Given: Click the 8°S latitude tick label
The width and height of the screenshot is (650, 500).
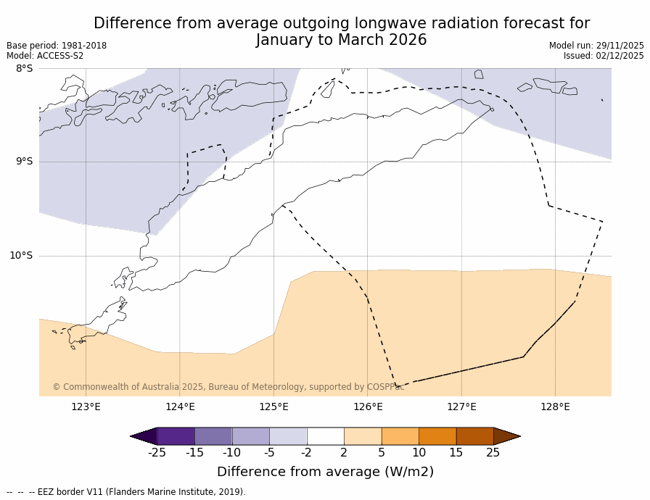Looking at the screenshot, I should (24, 69).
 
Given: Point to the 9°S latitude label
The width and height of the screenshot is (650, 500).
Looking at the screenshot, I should (24, 162).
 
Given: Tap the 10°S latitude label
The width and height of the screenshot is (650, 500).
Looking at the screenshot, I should (21, 256).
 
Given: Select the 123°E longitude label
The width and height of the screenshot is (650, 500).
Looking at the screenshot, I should (86, 407).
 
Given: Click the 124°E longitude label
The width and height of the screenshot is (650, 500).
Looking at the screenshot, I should (180, 407).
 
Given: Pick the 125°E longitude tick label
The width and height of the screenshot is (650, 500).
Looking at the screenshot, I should (273, 407).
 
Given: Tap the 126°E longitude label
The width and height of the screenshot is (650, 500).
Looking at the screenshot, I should (368, 407).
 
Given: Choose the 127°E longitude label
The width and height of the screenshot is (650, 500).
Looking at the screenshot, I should (461, 407).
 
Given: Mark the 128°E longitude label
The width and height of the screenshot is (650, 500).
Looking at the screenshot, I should (555, 407).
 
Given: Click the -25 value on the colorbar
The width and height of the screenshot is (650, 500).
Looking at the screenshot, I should (157, 453).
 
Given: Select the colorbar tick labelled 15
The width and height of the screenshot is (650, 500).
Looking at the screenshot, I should (456, 453).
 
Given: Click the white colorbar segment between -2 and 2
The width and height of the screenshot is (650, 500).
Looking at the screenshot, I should (325, 436).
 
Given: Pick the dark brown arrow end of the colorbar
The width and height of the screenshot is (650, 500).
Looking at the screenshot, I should (506, 436).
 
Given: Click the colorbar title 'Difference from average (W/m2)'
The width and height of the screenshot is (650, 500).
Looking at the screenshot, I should (325, 472).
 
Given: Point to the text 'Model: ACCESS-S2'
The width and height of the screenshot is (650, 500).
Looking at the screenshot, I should (45, 56).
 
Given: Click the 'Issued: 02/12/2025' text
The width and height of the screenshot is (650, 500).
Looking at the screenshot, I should (604, 56).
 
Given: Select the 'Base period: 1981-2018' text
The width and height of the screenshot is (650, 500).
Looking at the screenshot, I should (57, 46).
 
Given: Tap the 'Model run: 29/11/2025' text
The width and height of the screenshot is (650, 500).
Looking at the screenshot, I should (596, 46).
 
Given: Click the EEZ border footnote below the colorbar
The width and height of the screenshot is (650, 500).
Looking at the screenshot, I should (126, 492).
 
